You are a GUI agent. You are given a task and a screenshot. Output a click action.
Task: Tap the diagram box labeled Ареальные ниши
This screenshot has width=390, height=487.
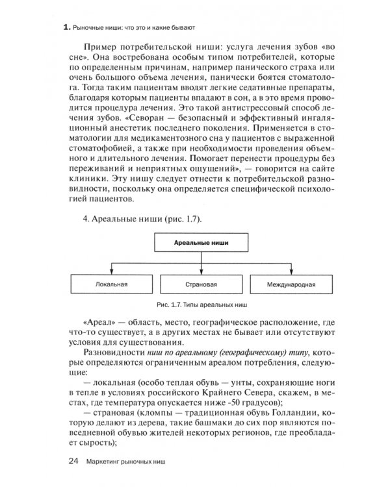196,242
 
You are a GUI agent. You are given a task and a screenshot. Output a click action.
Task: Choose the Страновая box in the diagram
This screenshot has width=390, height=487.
196,284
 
